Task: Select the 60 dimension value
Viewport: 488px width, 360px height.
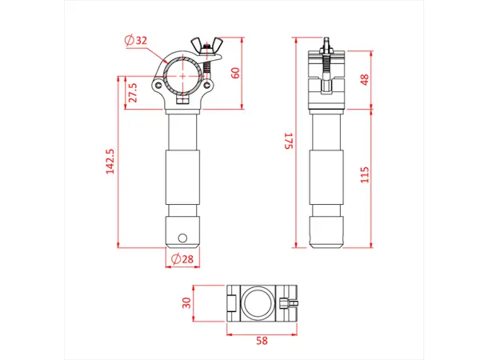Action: (235, 71)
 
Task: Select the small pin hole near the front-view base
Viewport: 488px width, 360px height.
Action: (183, 237)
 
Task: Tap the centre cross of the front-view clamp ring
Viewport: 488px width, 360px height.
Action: (183, 74)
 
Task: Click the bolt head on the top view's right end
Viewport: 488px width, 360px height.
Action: (292, 304)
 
